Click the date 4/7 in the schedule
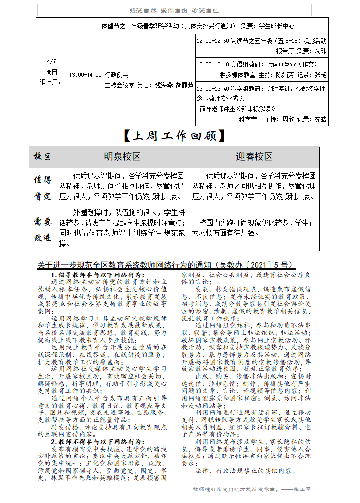pyautogui.click(x=51, y=61)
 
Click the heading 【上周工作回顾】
pyautogui.click(x=174, y=136)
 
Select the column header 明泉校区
pyautogui.click(x=122, y=157)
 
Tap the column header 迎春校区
pyautogui.click(x=254, y=157)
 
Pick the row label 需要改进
pyautogui.click(x=43, y=229)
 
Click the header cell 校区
pyautogui.click(x=43, y=157)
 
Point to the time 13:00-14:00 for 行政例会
pyautogui.click(x=85, y=75)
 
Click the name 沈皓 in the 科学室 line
pyautogui.click(x=320, y=119)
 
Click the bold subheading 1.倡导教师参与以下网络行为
pyautogui.click(x=98, y=274)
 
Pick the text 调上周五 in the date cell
pyautogui.click(x=51, y=82)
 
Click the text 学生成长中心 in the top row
pyautogui.click(x=276, y=26)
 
